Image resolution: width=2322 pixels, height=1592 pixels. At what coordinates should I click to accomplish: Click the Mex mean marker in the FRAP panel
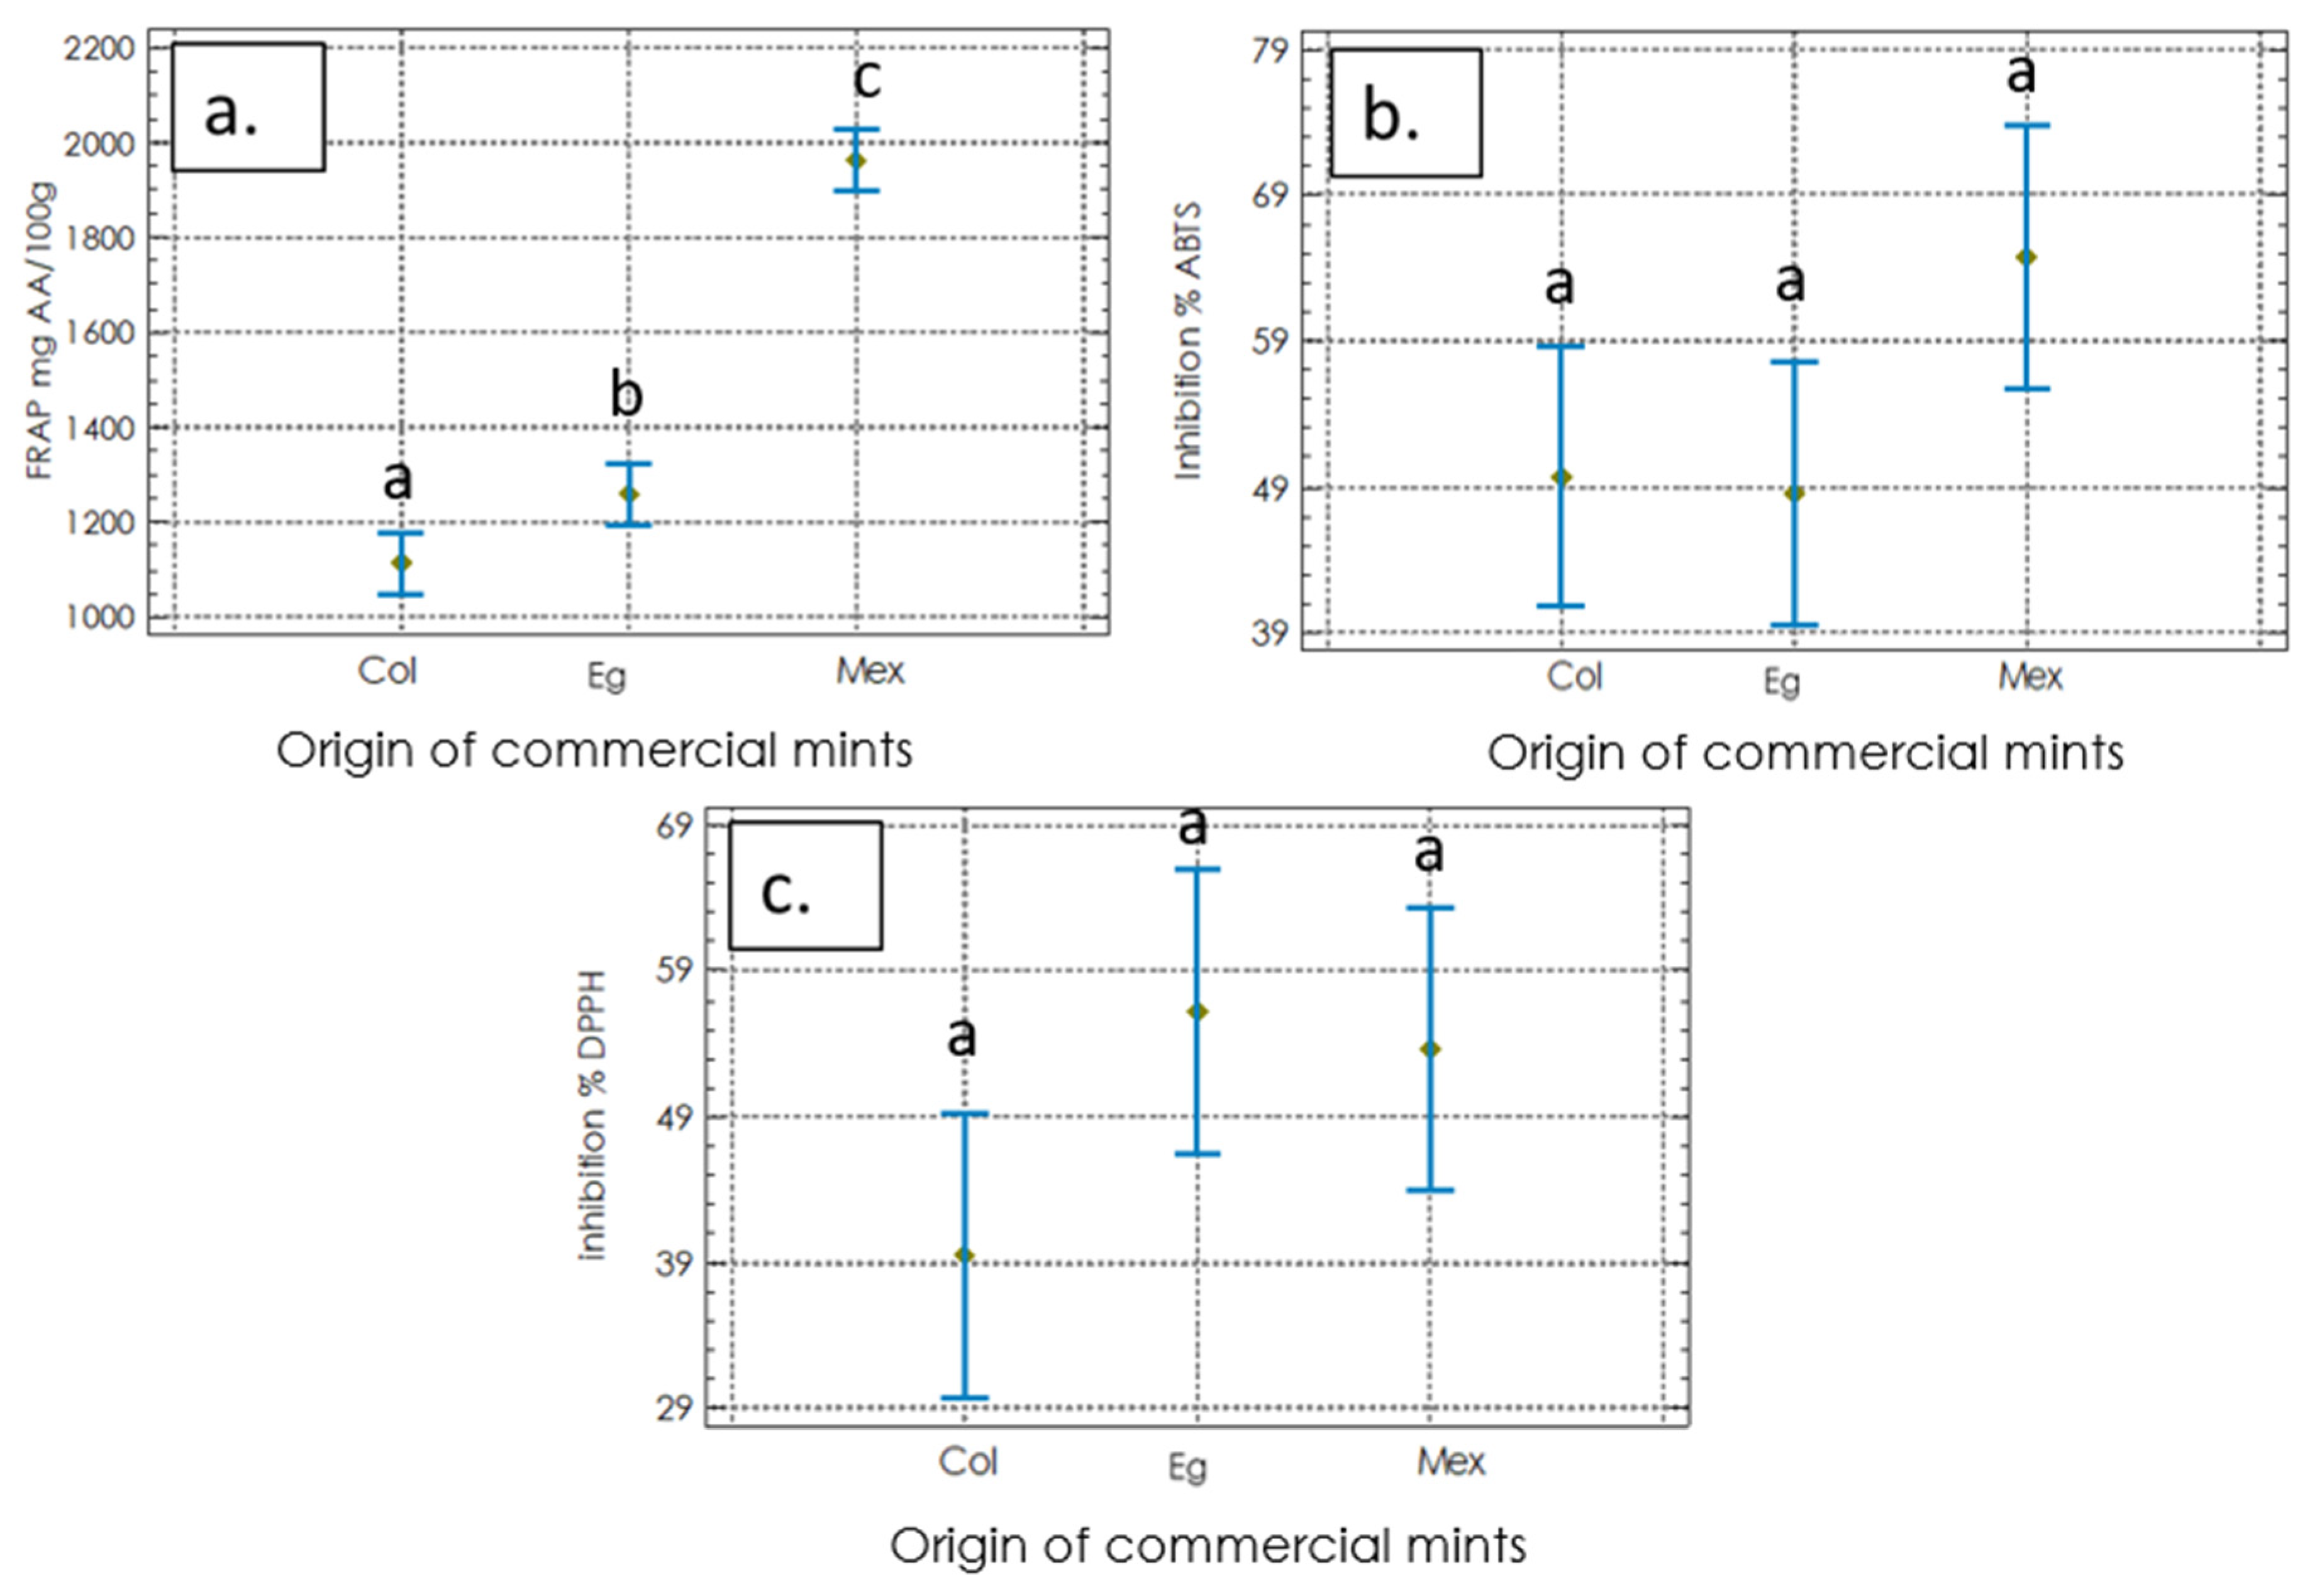[856, 161]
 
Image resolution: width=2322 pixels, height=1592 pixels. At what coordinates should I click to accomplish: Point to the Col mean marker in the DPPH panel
[964, 1256]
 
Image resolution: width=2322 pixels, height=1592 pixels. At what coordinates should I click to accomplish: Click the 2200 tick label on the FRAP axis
[99, 48]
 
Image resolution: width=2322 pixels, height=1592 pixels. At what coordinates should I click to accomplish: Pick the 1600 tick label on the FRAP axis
[99, 333]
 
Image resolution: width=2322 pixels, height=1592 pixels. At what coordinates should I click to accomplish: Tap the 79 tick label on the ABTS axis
[1270, 49]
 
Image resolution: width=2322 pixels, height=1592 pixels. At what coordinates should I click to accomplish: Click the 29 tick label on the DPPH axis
[674, 1408]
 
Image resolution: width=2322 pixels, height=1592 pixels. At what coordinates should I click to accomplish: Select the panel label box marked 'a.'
[248, 107]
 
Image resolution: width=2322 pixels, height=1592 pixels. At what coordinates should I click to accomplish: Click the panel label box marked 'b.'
[1406, 113]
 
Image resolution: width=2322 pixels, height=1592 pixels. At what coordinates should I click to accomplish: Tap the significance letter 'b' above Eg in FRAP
[626, 395]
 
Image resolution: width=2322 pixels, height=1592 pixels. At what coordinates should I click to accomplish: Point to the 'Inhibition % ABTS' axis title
[1187, 341]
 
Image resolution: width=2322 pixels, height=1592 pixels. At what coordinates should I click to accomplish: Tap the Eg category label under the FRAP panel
[606, 676]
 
